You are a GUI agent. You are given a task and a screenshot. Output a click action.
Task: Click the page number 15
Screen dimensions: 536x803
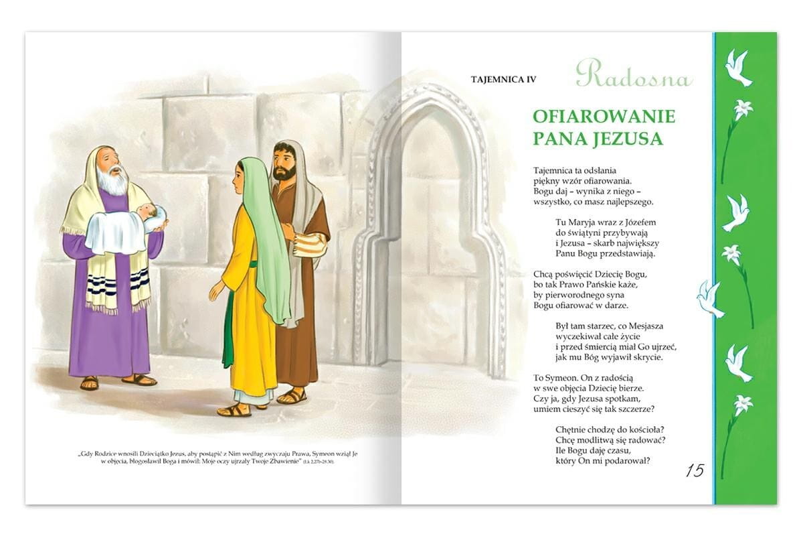(695, 470)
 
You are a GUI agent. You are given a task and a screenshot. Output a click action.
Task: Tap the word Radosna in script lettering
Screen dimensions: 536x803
(633, 75)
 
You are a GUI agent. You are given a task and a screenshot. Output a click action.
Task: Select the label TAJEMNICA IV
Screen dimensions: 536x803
(504, 80)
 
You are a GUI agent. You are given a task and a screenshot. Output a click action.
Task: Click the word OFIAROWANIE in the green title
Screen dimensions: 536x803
(604, 116)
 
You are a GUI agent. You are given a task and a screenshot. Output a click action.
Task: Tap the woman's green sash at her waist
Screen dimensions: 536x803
(252, 263)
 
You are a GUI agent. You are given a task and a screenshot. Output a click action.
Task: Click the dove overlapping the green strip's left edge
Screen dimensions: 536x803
(709, 299)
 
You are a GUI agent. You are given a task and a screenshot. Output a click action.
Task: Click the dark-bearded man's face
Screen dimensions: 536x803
(284, 164)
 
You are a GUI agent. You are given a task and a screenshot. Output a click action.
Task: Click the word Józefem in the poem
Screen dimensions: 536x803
(637, 222)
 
